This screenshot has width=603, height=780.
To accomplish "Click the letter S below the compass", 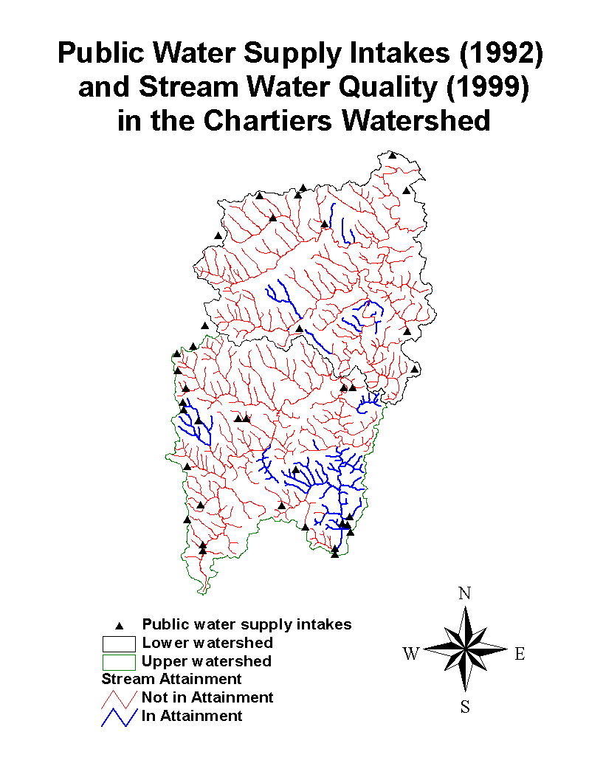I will [x=465, y=707].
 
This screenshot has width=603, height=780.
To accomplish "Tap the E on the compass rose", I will [x=520, y=654].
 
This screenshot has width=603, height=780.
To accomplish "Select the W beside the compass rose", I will [x=411, y=654].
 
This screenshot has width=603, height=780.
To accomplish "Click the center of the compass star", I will [x=465, y=650].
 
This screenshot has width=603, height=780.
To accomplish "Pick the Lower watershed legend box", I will [x=119, y=643].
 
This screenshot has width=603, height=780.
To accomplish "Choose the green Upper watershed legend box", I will [x=119, y=661].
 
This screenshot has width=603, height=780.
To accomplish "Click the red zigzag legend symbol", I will [x=119, y=697].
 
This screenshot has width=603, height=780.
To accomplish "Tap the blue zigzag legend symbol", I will [x=119, y=716].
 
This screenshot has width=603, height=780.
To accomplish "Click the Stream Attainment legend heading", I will [x=171, y=679].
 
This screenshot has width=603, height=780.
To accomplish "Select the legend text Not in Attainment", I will [x=207, y=697].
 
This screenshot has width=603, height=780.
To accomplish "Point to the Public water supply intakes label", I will [x=247, y=624].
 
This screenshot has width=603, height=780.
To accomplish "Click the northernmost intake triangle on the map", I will [x=393, y=156].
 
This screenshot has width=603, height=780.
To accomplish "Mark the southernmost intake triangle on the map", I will [x=334, y=554].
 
